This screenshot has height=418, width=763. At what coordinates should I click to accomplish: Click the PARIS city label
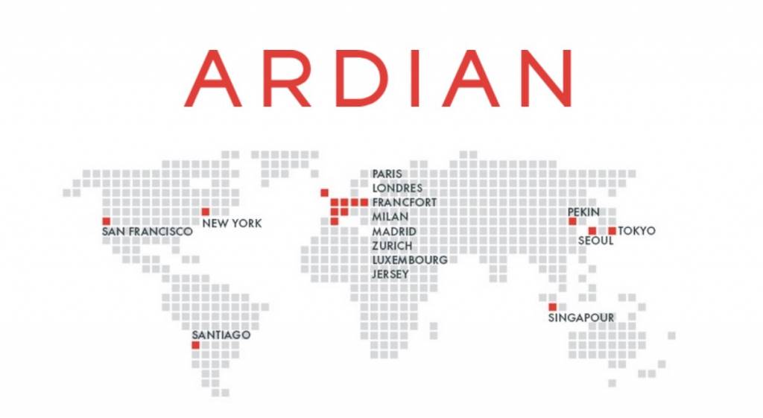coord(387,174)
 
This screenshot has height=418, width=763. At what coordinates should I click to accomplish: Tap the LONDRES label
coord(397,188)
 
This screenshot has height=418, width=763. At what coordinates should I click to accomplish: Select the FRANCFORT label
coord(405,203)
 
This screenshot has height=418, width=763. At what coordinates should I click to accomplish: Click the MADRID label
coord(394,232)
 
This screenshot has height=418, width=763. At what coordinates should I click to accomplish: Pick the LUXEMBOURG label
coord(410,260)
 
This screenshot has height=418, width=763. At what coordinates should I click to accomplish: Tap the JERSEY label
coord(390,274)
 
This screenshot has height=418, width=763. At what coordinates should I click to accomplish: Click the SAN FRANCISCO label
coord(147,232)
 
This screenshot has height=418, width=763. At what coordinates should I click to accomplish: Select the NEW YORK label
coord(232,223)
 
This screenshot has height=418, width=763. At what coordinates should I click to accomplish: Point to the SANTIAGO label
coord(221,335)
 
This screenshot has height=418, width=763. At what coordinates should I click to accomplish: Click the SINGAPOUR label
coord(581,317)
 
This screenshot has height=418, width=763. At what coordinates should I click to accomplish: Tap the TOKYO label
coord(637,231)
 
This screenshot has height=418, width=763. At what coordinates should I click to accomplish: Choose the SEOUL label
coord(596,241)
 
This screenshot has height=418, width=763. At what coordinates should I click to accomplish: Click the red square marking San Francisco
coord(107,221)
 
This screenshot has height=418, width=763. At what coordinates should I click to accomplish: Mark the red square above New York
coord(206,212)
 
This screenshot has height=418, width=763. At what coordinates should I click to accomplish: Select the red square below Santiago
coord(195,345)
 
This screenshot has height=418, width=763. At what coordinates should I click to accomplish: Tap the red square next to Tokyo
coord(612,231)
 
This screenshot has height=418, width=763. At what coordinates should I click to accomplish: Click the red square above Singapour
coord(552,307)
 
